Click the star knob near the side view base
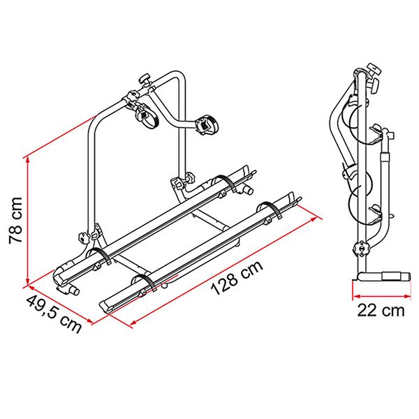pos(360,249)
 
